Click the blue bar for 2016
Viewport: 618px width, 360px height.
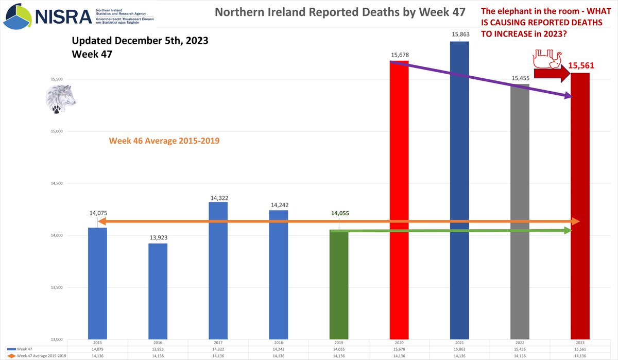click(x=158, y=291)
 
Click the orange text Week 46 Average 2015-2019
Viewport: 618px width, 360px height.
click(x=164, y=140)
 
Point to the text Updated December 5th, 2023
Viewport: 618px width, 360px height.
click(x=140, y=41)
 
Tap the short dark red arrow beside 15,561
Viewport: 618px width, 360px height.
click(x=550, y=74)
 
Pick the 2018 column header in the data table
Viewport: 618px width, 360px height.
click(x=278, y=342)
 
